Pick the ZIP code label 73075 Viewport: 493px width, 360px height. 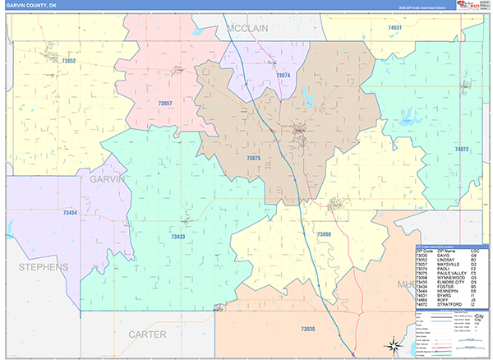[x=254, y=157]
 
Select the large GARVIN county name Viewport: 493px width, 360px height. [x=108, y=178]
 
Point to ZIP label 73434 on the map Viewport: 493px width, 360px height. [x=71, y=213]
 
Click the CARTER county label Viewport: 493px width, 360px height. [x=147, y=335]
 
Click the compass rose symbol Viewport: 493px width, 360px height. [x=394, y=345]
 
